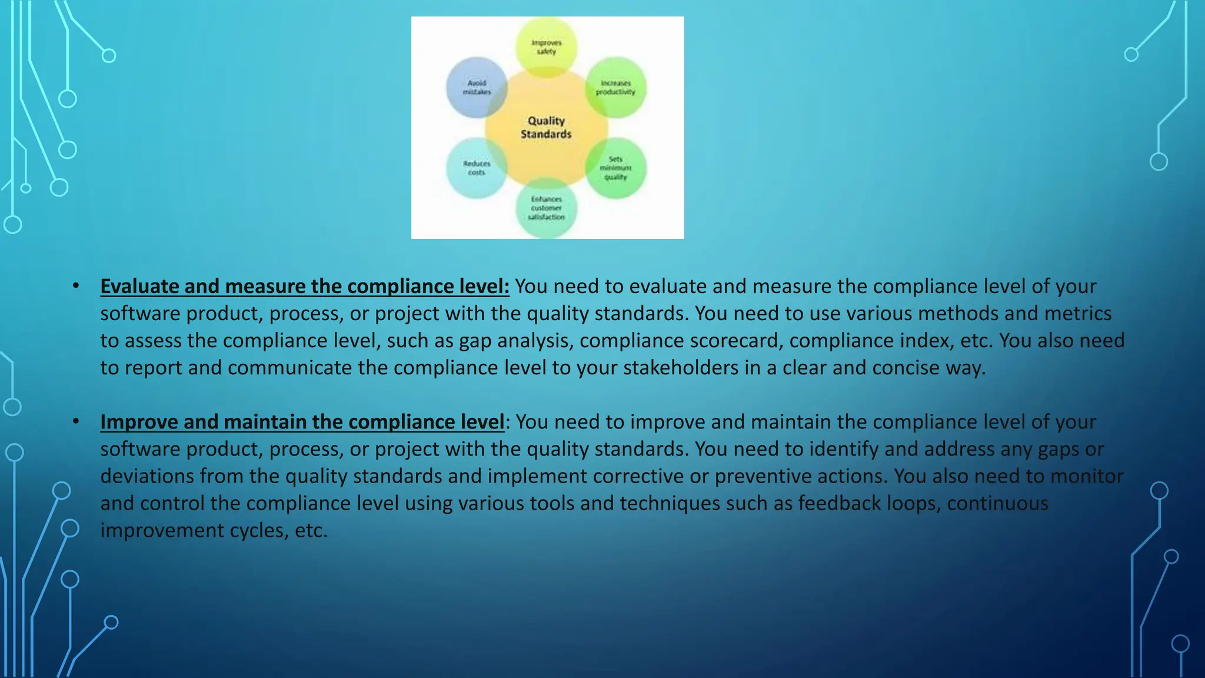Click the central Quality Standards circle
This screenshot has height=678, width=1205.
[x=546, y=128]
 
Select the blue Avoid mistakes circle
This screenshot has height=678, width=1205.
[x=476, y=88]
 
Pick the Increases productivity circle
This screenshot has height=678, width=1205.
[x=615, y=88]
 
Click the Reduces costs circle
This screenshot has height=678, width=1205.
[x=476, y=168]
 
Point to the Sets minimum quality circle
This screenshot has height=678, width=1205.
[x=615, y=168]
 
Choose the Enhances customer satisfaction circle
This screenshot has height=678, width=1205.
[x=546, y=208]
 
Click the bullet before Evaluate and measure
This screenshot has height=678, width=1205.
[x=76, y=287]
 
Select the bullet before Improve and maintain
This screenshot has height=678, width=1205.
[x=76, y=422]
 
